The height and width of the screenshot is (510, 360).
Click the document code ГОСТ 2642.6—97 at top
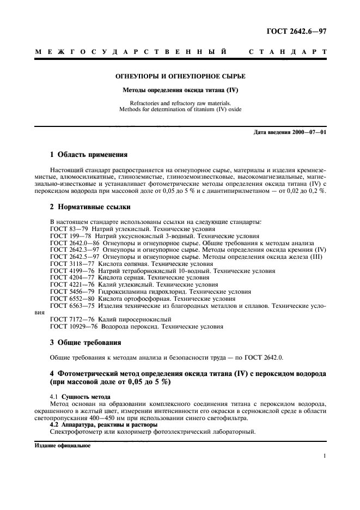pos(296,32)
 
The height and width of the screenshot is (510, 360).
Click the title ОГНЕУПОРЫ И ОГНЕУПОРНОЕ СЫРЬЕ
pos(180,76)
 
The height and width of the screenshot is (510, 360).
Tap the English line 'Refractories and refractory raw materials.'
pos(180,103)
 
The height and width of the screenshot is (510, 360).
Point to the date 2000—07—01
pos(308,132)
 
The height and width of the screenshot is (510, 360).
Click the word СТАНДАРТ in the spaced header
pos(288,52)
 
